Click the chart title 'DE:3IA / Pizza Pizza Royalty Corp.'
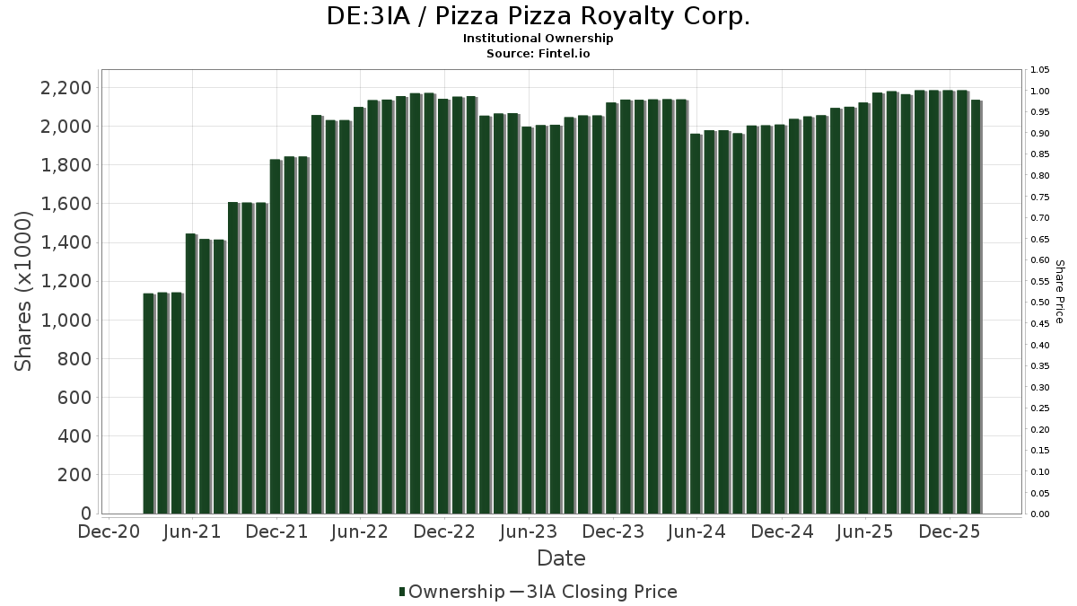(x=538, y=16)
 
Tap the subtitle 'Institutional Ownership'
(x=538, y=39)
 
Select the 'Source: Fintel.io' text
(x=538, y=54)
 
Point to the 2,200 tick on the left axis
(x=66, y=88)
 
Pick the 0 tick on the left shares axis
(x=86, y=514)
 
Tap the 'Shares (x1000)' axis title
(x=24, y=291)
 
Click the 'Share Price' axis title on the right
(x=1059, y=291)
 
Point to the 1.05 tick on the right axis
(x=1040, y=70)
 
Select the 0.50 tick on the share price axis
(x=1040, y=303)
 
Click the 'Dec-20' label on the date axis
(x=108, y=532)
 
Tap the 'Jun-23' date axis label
(x=529, y=532)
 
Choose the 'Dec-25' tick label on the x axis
(x=950, y=532)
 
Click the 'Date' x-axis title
(x=561, y=558)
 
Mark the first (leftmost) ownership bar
(x=148, y=404)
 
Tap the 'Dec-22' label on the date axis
(x=444, y=532)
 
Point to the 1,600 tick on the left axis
(x=66, y=205)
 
